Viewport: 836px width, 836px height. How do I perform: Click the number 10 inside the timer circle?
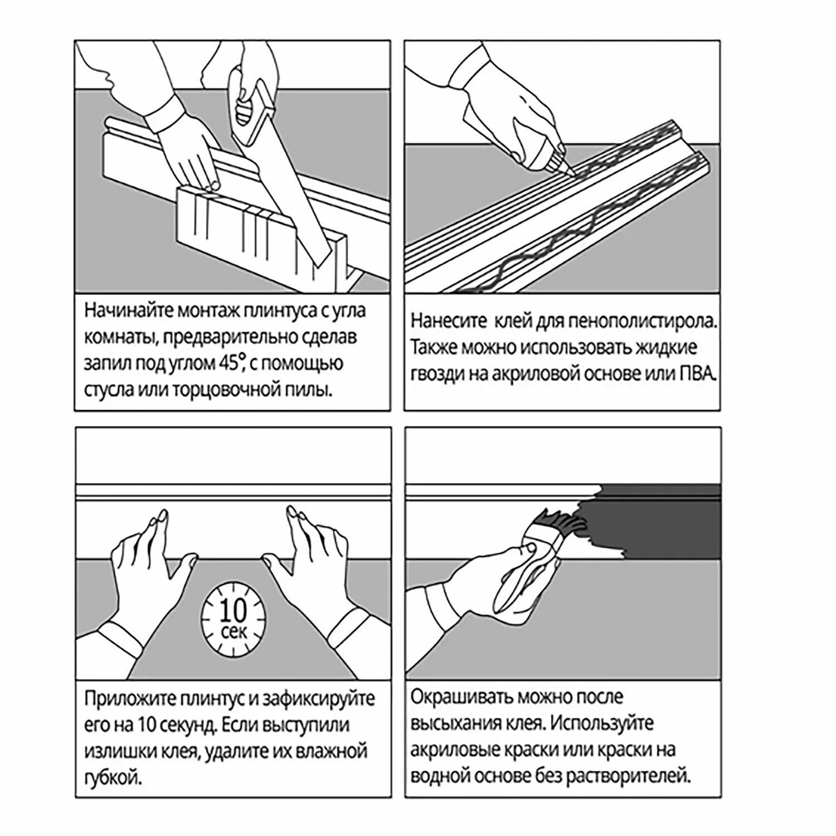point(233,613)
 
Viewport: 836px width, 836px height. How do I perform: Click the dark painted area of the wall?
point(669,524)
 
